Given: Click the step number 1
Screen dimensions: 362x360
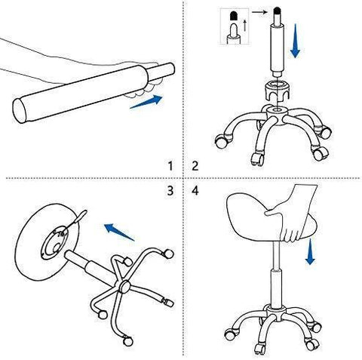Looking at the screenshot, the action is pos(170,166).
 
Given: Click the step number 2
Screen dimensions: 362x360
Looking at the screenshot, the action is pos(195,166).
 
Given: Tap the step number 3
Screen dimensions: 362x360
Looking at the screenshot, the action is pos(170,191).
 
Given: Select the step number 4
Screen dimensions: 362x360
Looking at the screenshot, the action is pos(195,191).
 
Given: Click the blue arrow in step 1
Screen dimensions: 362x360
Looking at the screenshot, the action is pos(146,102).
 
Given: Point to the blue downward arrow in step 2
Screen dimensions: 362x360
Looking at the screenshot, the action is pos(295,41).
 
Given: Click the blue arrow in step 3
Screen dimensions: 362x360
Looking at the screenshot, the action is pos(119,232).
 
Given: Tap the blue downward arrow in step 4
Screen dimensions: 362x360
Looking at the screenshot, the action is pos(311,251).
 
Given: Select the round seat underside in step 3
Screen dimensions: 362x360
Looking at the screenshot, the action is pos(47,242).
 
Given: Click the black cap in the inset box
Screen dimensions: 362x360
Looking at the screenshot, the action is pos(234,15).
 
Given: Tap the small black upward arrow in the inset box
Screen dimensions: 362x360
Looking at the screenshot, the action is pos(245,26).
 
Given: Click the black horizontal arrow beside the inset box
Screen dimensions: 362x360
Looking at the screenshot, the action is pos(259,12).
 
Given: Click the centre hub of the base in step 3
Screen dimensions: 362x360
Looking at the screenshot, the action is pos(124,287).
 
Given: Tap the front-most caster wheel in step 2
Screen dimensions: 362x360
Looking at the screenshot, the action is pos(258,159).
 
